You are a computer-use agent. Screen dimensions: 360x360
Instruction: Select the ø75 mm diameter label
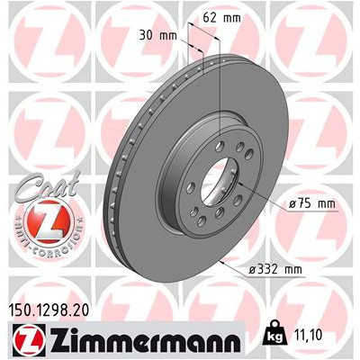pos(310,203)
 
